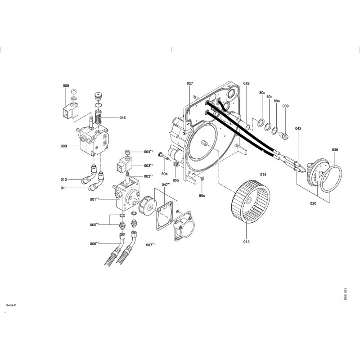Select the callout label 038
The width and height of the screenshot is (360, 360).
click(x=335, y=150)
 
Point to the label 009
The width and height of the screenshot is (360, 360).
click(x=66, y=85)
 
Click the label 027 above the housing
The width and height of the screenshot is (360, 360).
click(x=190, y=84)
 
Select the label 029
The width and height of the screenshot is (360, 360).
click(x=246, y=84)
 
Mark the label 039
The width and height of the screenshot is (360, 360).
click(x=285, y=106)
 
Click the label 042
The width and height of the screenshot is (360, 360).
click(x=298, y=129)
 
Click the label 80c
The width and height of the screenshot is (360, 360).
click(x=202, y=196)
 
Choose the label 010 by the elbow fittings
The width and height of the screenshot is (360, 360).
click(x=63, y=180)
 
